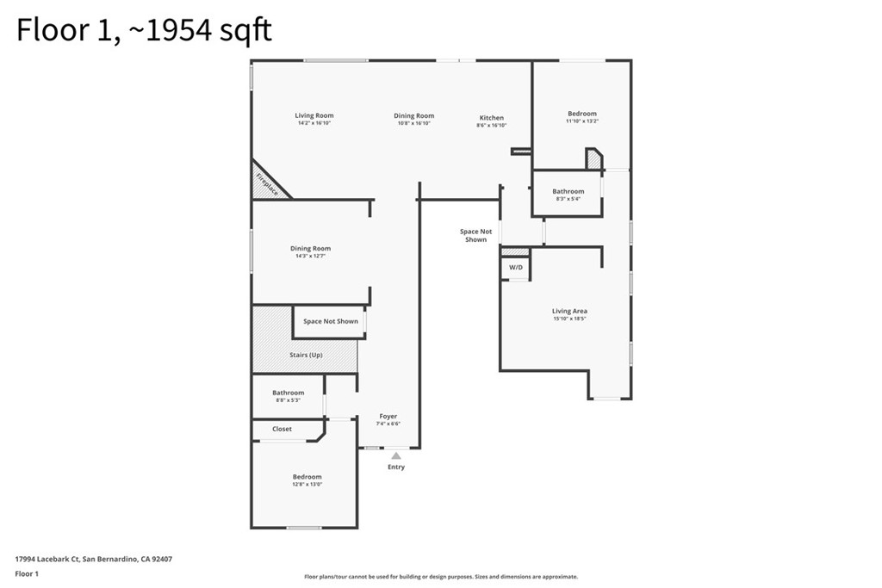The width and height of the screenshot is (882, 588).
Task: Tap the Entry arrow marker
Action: click(395, 456)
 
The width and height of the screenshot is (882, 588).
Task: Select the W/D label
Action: click(516, 268)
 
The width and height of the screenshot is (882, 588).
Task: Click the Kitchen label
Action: click(492, 118)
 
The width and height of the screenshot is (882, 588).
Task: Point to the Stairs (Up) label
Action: click(306, 356)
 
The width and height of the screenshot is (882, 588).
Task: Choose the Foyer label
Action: click(388, 417)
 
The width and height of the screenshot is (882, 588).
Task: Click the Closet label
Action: click(282, 429)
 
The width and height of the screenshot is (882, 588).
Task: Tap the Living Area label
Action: click(569, 311)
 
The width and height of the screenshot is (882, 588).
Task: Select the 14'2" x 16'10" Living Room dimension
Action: click(314, 123)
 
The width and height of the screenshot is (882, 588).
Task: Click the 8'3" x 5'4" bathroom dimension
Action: click(568, 199)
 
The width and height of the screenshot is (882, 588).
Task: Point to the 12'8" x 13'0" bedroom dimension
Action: click(307, 484)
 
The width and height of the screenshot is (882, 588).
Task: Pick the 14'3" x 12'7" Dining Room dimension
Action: click(310, 256)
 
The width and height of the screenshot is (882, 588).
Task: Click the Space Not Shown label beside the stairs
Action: click(331, 321)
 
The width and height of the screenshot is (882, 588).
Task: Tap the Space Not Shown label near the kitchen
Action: click(475, 235)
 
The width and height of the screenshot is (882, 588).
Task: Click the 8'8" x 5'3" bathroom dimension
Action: click(289, 400)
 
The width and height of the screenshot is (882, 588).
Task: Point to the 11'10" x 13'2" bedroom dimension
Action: click(581, 121)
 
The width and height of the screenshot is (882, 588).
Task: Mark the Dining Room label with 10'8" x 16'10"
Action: click(414, 115)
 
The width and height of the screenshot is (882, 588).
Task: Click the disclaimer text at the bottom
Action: click(441, 577)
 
